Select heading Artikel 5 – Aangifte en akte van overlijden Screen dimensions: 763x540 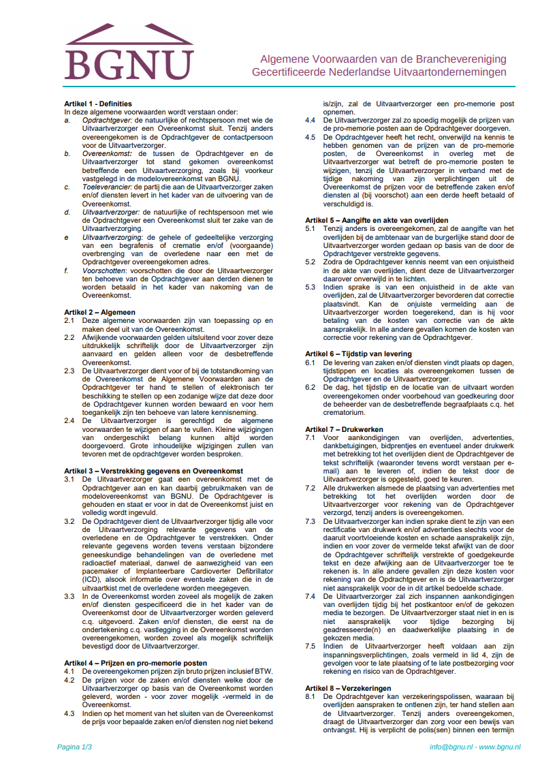pos(377,220)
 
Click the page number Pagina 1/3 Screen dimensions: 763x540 pos(74,747)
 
